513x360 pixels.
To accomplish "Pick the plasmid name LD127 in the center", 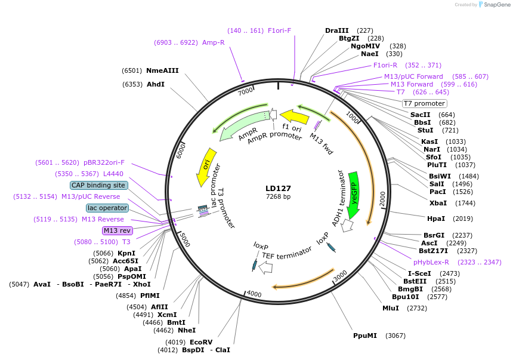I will (x=278, y=188).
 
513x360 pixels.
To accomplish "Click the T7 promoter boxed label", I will (x=424, y=103).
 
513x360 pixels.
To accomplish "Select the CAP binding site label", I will (x=98, y=185).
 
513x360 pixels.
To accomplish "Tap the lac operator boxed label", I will (x=107, y=208).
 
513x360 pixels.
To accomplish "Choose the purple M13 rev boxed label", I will (x=117, y=230).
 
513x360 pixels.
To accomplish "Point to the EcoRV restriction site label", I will (x=201, y=342).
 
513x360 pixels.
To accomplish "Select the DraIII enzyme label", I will (x=337, y=30).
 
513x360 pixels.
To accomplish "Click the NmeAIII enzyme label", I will (x=162, y=70).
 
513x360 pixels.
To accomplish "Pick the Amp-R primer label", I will (x=213, y=42).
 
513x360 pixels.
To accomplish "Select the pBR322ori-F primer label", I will (x=104, y=162).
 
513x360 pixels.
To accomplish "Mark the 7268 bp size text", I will (x=278, y=197).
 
